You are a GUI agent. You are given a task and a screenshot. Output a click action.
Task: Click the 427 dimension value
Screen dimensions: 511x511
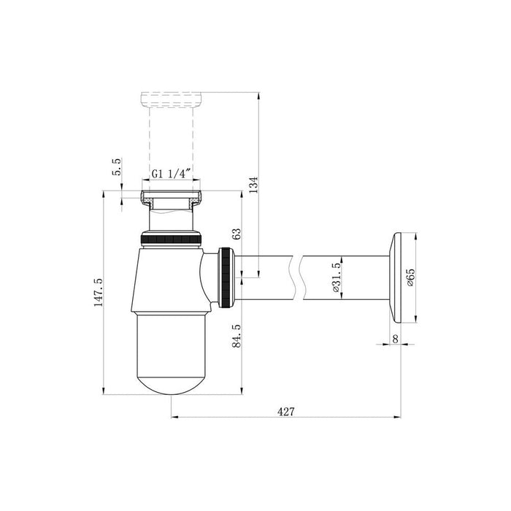pos(285,412)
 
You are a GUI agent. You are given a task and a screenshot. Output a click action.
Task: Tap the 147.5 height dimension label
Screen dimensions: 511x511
pos(99,292)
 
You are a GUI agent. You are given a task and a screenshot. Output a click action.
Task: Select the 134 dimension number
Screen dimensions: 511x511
pos(253,185)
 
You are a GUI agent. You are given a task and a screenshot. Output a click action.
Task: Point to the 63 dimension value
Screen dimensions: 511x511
pos(237,234)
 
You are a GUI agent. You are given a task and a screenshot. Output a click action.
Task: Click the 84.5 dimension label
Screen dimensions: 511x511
pos(237,336)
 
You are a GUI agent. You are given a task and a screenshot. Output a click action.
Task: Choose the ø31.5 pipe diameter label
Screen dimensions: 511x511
pos(337,277)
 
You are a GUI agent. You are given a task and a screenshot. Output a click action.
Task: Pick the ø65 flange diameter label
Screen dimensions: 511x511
pos(410,277)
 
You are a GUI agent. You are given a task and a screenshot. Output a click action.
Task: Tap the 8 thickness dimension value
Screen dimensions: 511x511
pos(396,339)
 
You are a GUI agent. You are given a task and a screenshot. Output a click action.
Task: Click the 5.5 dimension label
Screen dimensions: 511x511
pos(117,166)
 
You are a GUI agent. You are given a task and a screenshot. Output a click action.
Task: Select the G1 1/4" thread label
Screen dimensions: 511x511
pos(171,174)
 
